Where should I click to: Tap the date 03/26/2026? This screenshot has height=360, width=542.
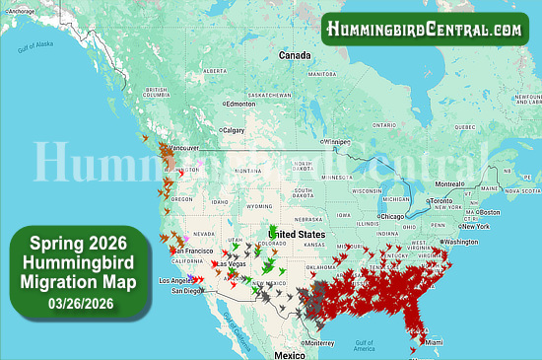click(76, 301)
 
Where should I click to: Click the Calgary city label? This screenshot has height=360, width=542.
click(234, 129)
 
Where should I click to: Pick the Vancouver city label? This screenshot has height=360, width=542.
click(184, 149)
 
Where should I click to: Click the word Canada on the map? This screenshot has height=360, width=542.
click(294, 56)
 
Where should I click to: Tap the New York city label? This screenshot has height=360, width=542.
click(475, 225)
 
